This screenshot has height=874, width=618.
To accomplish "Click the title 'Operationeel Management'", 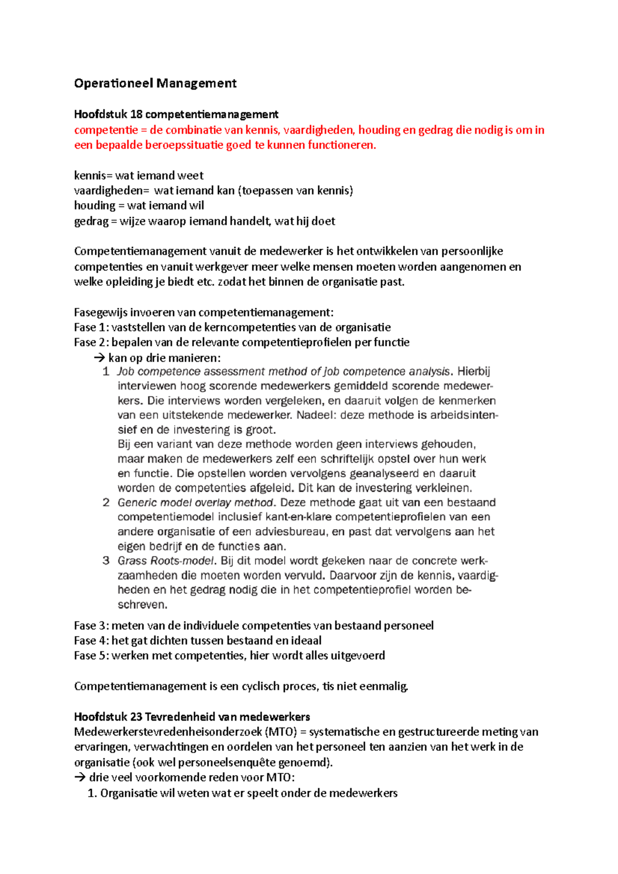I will coord(155,83).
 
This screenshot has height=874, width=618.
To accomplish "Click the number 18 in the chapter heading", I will coord(136,114).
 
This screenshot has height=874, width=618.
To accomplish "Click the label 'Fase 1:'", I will coord(91,327).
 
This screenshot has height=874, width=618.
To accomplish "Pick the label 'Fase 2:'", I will coord(91,342).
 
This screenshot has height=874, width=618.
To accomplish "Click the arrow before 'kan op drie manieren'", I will coord(99,358).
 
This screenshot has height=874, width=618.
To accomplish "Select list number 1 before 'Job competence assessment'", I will coord(106,372).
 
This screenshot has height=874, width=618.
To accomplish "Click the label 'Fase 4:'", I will coord(91,641).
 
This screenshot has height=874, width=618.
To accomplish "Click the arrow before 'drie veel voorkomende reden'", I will coord(80,778).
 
